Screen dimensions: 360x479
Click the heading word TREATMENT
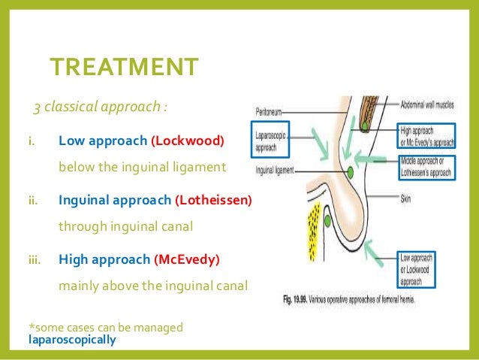click(124, 67)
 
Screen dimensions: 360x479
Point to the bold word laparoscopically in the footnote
click(72, 340)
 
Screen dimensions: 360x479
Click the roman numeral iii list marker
click(35, 260)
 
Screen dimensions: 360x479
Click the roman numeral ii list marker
click(33, 201)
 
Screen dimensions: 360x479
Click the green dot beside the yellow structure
click(329, 221)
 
